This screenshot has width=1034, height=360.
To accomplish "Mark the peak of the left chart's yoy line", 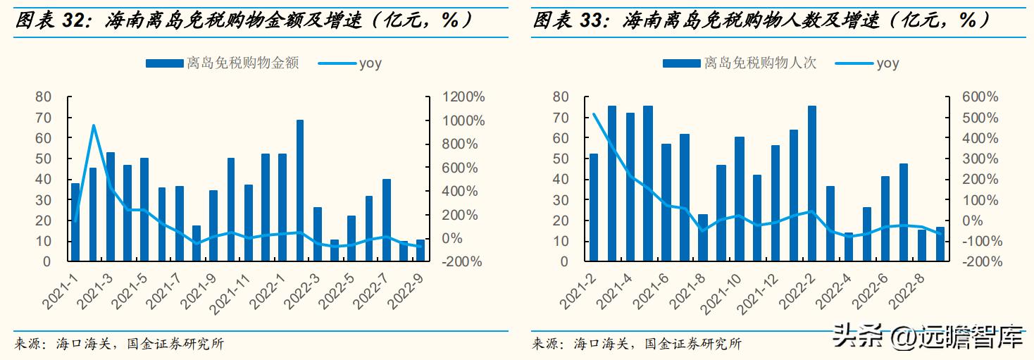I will pos(93,125).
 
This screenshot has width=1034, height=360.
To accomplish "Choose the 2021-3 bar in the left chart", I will pos(110,206).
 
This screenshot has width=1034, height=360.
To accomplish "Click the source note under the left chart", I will pos(119,344).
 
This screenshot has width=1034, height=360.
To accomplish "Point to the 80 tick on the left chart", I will pos(44,97).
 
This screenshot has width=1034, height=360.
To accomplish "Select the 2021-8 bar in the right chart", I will pos(702,237).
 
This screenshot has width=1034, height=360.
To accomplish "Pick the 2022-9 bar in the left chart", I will pos(421,250).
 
